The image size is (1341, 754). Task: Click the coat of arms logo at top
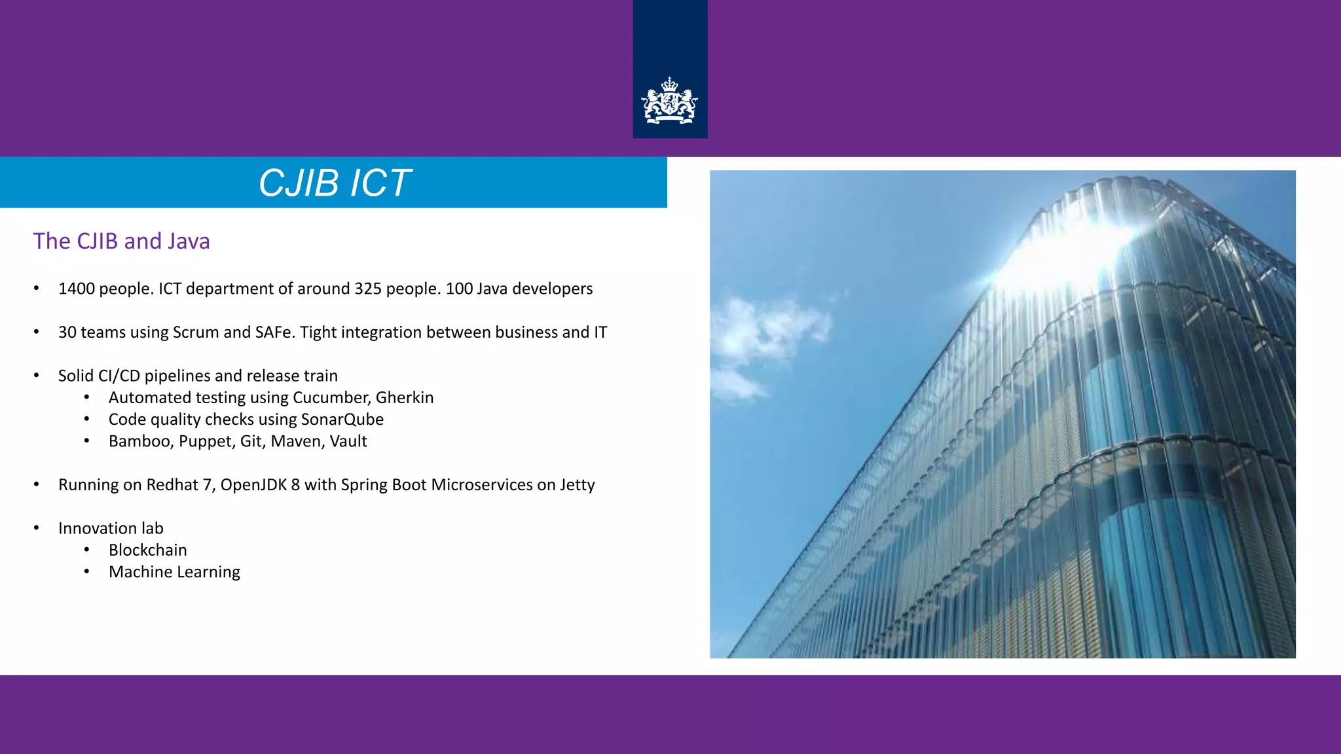point(669,101)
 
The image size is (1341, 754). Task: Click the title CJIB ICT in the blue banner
point(335,183)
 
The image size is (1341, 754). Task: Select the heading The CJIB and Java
point(121,241)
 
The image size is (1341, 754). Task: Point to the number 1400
point(77,289)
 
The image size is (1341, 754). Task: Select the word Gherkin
point(405,398)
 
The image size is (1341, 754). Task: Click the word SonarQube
point(342,420)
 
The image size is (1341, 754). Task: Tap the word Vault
point(348,441)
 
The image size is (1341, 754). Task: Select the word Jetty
point(577,485)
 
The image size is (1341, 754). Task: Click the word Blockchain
point(148,550)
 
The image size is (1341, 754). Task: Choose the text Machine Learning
point(174,572)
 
